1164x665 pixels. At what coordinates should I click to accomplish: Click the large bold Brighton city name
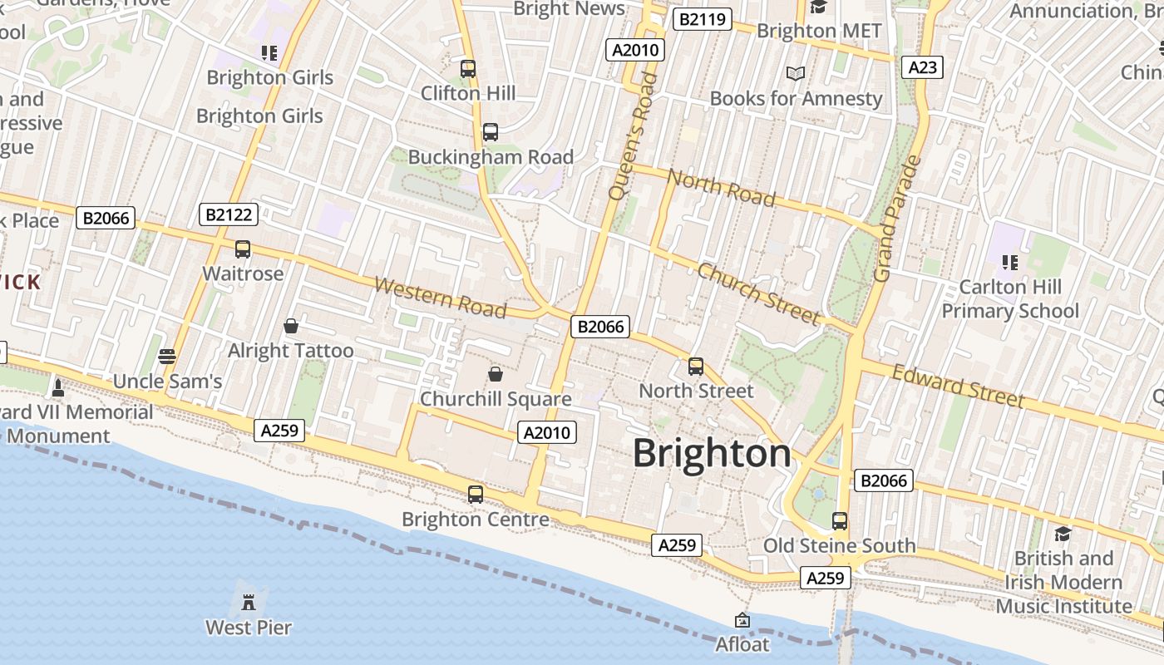pos(712,454)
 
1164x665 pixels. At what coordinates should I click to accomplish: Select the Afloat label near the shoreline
pos(742,644)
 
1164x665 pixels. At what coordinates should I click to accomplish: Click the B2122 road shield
pos(229,214)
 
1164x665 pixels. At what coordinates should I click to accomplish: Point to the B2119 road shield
pos(702,19)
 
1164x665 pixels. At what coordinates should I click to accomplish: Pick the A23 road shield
pos(922,67)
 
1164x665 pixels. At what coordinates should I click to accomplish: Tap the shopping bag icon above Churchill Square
pos(496,374)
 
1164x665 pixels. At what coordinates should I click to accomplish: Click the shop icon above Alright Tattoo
pos(291,326)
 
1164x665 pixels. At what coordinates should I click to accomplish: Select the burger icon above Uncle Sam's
pos(166,357)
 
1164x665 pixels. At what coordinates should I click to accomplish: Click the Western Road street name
pos(441,298)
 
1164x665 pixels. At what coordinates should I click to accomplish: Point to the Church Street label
pos(758,293)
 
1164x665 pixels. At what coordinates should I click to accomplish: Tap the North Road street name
pos(722,188)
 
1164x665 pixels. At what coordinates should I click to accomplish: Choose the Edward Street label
pos(958,386)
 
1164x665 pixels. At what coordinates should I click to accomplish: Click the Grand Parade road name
pos(895,218)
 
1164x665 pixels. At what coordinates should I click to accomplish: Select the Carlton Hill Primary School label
pos(1009,299)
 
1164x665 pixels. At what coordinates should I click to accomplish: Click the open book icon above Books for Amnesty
pos(796,73)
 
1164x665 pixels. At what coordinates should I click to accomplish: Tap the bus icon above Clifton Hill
pos(468,68)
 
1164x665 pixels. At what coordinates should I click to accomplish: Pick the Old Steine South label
pos(840,546)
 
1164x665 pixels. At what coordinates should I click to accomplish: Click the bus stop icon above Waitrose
pos(243,249)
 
